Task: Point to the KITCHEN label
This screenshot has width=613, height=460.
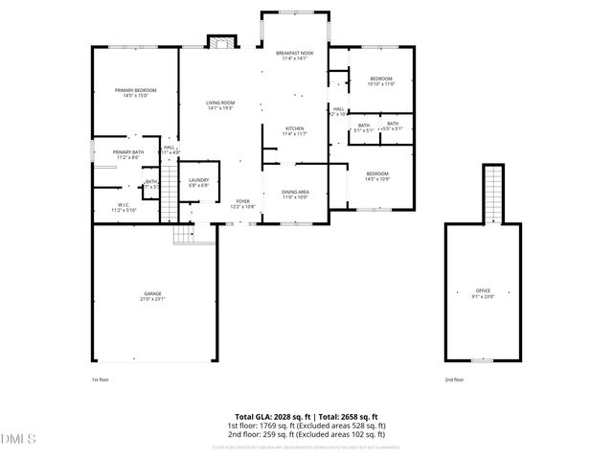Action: click(294, 130)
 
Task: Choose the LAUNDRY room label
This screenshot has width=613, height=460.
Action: click(199, 182)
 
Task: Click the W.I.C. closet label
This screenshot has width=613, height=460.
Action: click(124, 206)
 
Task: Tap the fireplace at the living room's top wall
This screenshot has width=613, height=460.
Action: click(222, 41)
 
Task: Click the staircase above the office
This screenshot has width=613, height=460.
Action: click(492, 193)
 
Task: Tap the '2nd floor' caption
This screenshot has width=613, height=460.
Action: click(454, 379)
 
